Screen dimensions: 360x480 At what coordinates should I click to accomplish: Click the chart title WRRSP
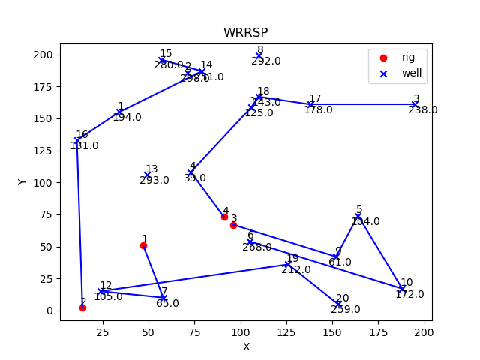[x=245, y=33]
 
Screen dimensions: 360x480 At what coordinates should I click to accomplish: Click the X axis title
[x=246, y=346]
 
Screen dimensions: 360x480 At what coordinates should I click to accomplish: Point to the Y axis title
[x=22, y=181]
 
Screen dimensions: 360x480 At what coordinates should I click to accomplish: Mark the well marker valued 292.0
[x=259, y=56]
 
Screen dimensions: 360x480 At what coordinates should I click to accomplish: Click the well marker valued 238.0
[x=415, y=104]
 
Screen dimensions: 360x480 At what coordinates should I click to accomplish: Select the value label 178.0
[x=318, y=110]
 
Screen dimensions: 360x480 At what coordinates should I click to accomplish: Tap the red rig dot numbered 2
[x=82, y=307]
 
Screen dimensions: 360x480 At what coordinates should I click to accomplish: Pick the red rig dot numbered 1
[x=143, y=245]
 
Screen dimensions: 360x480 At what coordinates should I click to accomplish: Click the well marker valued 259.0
[x=339, y=304]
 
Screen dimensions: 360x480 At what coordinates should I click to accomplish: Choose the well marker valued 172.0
[x=402, y=289]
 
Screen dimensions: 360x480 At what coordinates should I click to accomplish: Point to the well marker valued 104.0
[x=358, y=217]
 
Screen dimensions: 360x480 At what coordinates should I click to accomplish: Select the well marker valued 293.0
[x=147, y=175]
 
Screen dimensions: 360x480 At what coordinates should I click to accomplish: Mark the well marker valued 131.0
[x=77, y=140]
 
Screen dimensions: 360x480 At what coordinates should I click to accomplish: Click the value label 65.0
[x=167, y=303]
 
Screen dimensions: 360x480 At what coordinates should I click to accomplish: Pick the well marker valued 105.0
[x=101, y=291]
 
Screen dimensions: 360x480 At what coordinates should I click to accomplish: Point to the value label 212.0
[x=295, y=270]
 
